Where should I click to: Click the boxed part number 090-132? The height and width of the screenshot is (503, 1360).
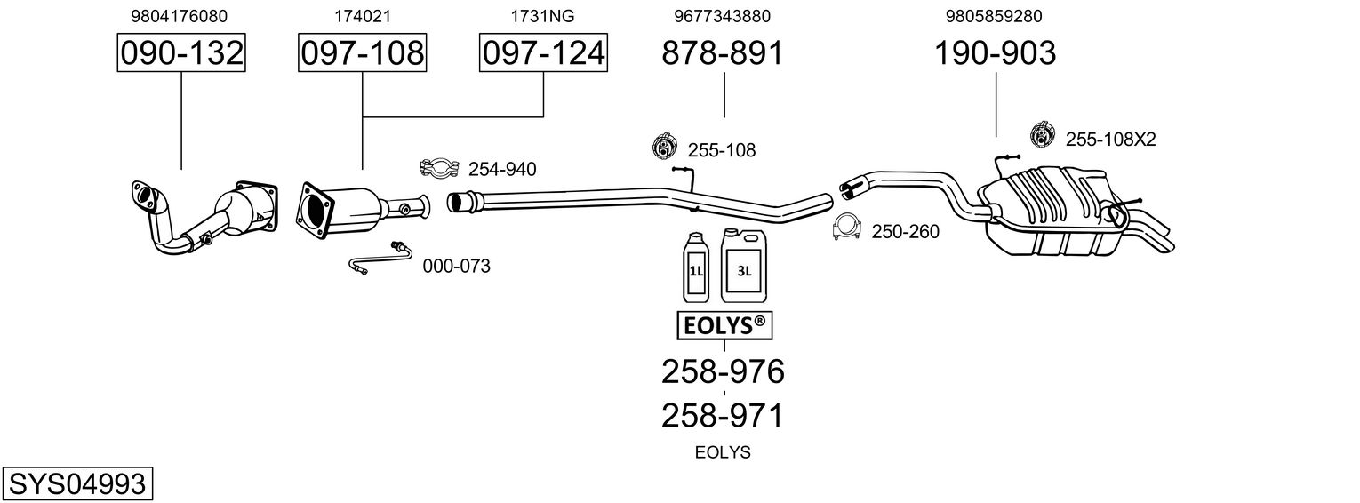181,53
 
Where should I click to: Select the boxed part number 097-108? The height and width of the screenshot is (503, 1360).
362,53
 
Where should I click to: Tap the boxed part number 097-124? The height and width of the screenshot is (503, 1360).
543,53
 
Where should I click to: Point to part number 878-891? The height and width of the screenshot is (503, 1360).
723,53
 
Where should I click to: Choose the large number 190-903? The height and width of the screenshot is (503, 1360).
995,53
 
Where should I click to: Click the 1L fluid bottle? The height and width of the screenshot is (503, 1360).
695,267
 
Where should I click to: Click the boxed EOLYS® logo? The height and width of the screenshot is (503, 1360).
724,326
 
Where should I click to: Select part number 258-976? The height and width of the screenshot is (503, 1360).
723,371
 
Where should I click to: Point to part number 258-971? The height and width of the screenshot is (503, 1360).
723,415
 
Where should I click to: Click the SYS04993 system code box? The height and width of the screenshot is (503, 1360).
76,484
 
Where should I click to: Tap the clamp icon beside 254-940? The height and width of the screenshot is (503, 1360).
438,168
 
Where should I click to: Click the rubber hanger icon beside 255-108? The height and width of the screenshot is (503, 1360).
663,147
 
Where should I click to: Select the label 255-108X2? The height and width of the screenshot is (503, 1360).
1110,139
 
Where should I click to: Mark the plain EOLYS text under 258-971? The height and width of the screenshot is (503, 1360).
723,452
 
